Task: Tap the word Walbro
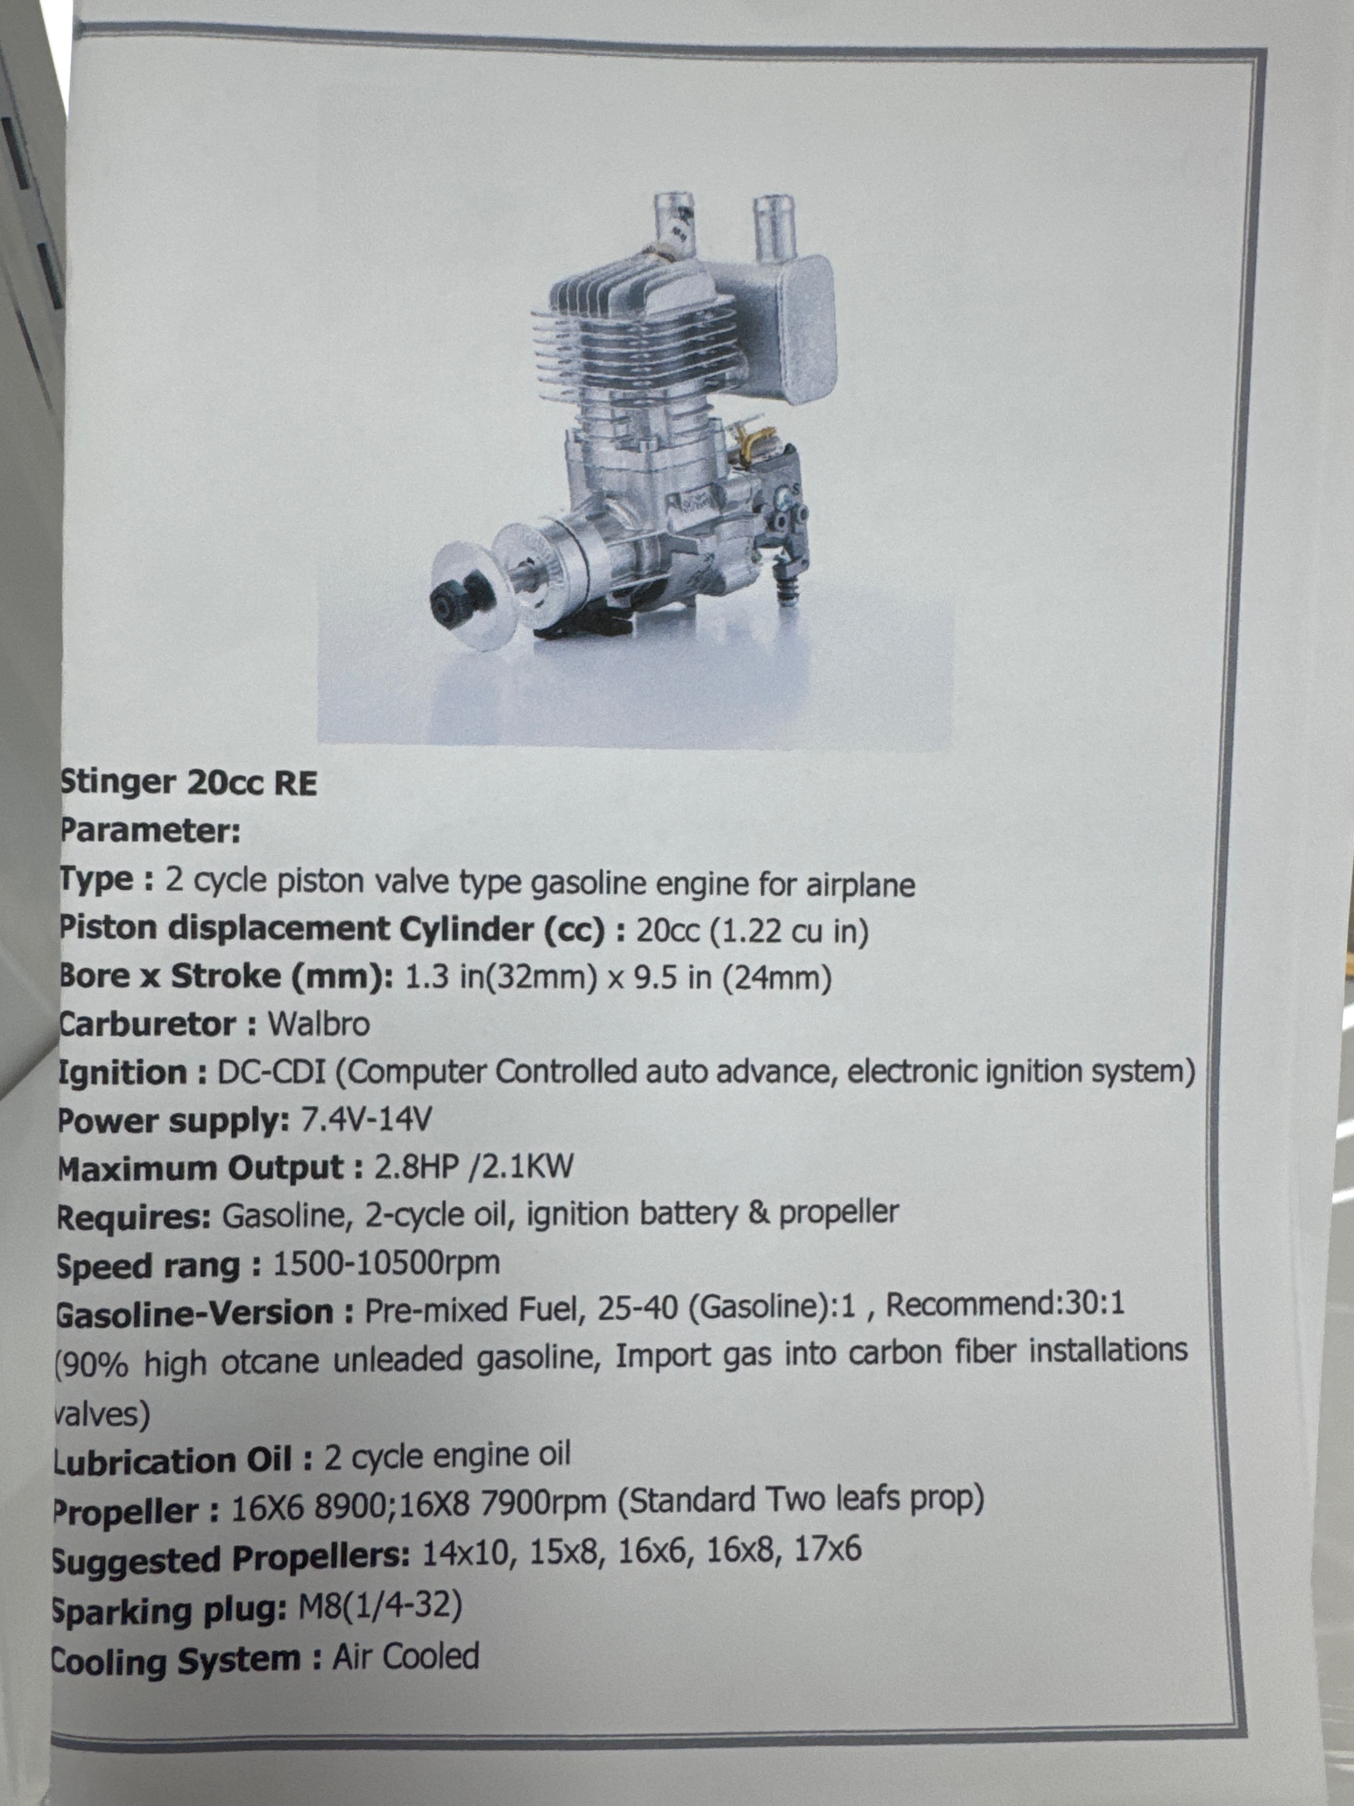[x=319, y=1024]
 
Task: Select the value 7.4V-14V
[x=366, y=1118]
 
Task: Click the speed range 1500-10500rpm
[x=386, y=1263]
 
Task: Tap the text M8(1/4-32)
[x=380, y=1606]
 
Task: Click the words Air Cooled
[x=406, y=1656]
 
